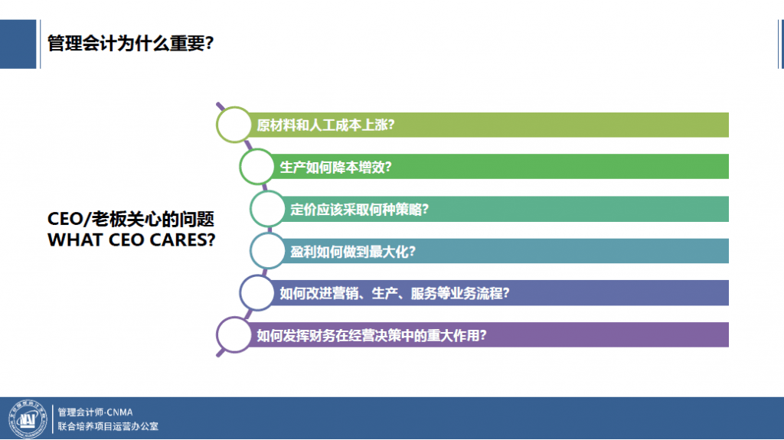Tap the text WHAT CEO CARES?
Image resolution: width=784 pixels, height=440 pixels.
pos(131,240)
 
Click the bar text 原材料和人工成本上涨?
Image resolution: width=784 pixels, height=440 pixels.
pos(325,125)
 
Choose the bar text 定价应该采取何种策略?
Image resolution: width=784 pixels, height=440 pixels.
pos(359,209)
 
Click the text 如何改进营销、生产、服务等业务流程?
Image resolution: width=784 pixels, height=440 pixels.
pos(395,293)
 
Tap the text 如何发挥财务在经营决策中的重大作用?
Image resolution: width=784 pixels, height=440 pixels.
pos(372,334)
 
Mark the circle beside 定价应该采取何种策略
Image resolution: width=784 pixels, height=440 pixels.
pos(268,209)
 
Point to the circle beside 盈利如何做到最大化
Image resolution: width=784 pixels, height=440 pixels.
pos(268,251)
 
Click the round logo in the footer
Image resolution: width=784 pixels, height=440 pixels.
pos(27,419)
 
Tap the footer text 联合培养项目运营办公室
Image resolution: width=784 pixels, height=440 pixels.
pos(108,426)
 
